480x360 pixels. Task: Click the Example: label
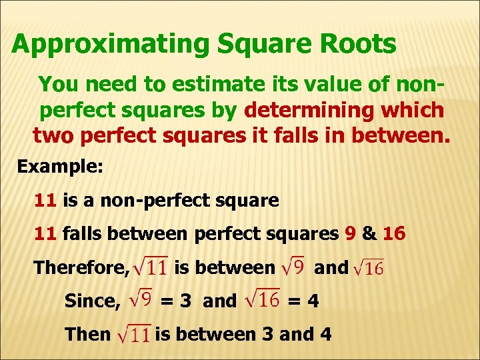60,166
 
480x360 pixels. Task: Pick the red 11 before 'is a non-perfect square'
45,200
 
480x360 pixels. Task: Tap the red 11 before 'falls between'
45,234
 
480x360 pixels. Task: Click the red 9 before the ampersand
350,234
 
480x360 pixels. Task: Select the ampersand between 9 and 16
369,234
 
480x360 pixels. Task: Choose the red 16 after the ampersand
394,234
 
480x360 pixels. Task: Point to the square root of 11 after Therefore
150,268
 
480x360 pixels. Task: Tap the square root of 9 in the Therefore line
293,268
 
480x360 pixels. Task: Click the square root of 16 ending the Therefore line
369,269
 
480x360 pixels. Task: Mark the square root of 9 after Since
141,300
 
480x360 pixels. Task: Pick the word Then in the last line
87,333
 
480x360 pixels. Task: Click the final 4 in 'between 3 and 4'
325,333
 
